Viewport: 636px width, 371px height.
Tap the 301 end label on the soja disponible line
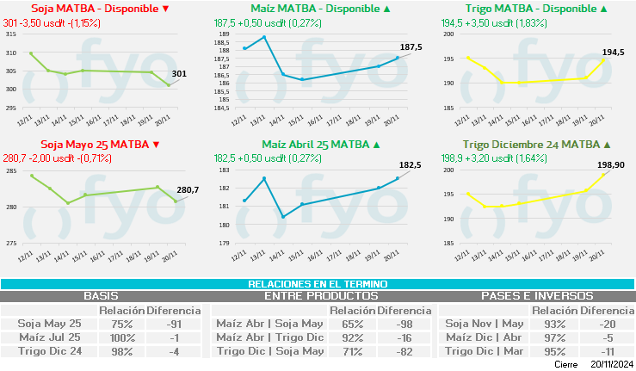[x=179, y=74]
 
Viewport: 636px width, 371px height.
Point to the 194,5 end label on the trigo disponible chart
[x=613, y=53]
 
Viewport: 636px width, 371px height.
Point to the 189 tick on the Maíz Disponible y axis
[x=222, y=35]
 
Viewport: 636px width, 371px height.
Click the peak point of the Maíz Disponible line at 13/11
[x=264, y=38]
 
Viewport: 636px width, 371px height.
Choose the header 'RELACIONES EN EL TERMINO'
[x=318, y=284]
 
